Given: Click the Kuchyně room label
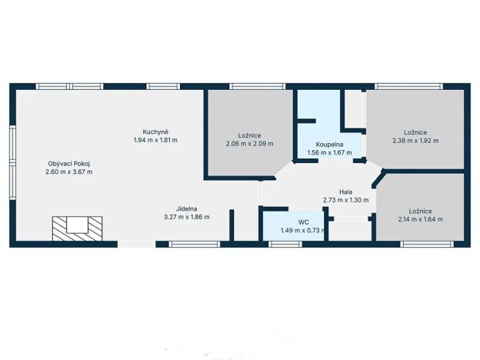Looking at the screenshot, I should tap(155, 131).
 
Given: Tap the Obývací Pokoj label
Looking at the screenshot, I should tap(69, 162).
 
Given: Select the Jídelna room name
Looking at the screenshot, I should tap(186, 208).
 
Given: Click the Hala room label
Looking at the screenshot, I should tap(345, 191).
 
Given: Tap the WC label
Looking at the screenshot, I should tap(292, 221).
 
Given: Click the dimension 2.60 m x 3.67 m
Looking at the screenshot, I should tap(69, 172).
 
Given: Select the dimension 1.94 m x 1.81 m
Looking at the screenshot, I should tap(155, 140).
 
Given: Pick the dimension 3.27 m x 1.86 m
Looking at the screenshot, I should tap(186, 217).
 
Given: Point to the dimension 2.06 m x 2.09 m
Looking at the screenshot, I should tap(249, 143).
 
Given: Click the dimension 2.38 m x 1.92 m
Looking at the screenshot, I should tap(415, 141).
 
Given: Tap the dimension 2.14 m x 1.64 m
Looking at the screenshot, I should tap(420, 219).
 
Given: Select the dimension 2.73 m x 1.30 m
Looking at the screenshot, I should tap(345, 200).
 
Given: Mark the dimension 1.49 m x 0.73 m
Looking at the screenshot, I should tap(292, 230).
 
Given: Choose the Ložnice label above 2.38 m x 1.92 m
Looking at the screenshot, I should tap(415, 132).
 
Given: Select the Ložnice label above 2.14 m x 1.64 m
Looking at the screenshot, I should tap(420, 210).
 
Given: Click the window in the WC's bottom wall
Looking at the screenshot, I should tap(285, 245).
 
